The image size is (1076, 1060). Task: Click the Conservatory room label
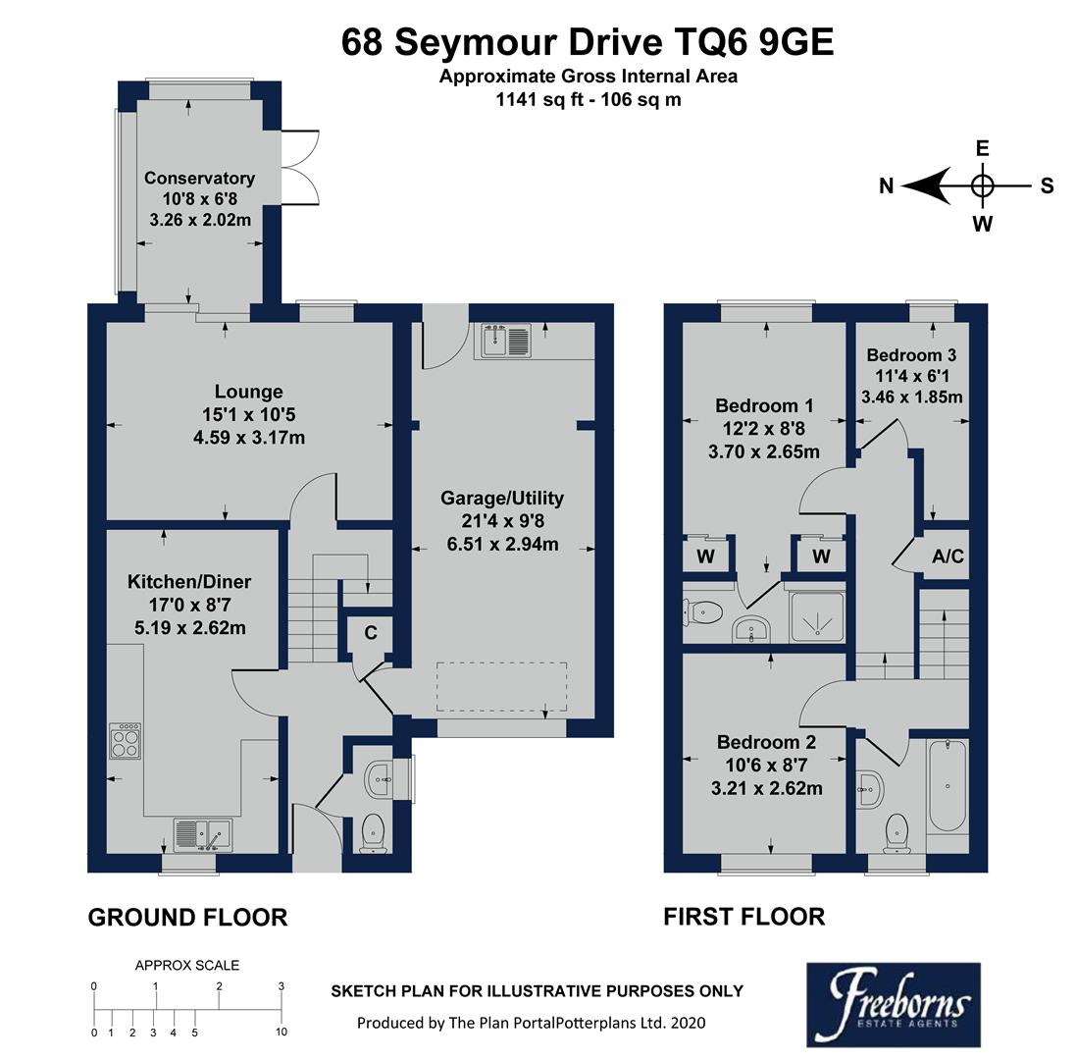[199, 178]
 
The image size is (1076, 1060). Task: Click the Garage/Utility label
[502, 498]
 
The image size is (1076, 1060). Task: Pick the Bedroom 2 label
[765, 742]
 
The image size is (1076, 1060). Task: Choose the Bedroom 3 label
[911, 354]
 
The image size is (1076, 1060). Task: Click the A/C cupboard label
[948, 556]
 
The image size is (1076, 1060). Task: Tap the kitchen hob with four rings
[126, 741]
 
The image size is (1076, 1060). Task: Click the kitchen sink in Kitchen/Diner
[204, 834]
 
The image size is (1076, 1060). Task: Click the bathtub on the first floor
[947, 785]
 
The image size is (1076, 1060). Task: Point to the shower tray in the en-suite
[815, 617]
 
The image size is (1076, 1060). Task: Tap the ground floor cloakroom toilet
[374, 832]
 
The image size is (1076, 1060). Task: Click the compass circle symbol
[982, 185]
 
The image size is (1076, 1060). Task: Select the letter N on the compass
[886, 186]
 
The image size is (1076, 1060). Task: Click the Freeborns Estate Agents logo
[893, 1003]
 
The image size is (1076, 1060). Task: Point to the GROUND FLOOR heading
[187, 918]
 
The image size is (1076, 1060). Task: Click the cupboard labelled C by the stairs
[371, 633]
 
